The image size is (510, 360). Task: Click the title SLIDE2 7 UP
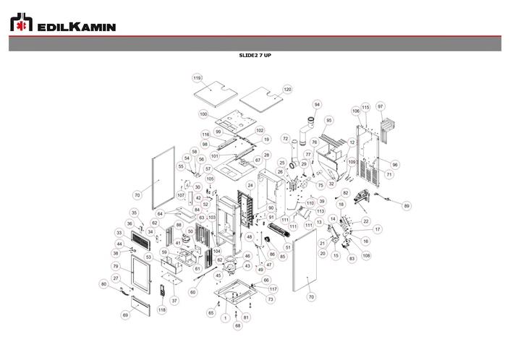click(x=255, y=55)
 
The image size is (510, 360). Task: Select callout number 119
click(x=197, y=77)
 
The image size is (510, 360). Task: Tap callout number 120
click(x=287, y=89)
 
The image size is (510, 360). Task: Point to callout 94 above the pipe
click(x=316, y=104)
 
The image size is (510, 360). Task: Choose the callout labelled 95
click(x=329, y=120)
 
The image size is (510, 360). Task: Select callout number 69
click(x=125, y=315)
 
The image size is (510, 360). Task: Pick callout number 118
click(x=162, y=310)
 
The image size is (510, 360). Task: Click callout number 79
click(x=116, y=267)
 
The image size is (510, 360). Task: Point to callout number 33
click(x=119, y=233)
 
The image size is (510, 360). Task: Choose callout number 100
click(x=203, y=114)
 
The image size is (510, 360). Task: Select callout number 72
click(x=285, y=137)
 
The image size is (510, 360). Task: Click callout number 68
click(x=237, y=326)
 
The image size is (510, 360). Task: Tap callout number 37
click(x=174, y=300)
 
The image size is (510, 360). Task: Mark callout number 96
click(x=395, y=164)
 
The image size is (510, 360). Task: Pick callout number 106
click(x=356, y=111)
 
